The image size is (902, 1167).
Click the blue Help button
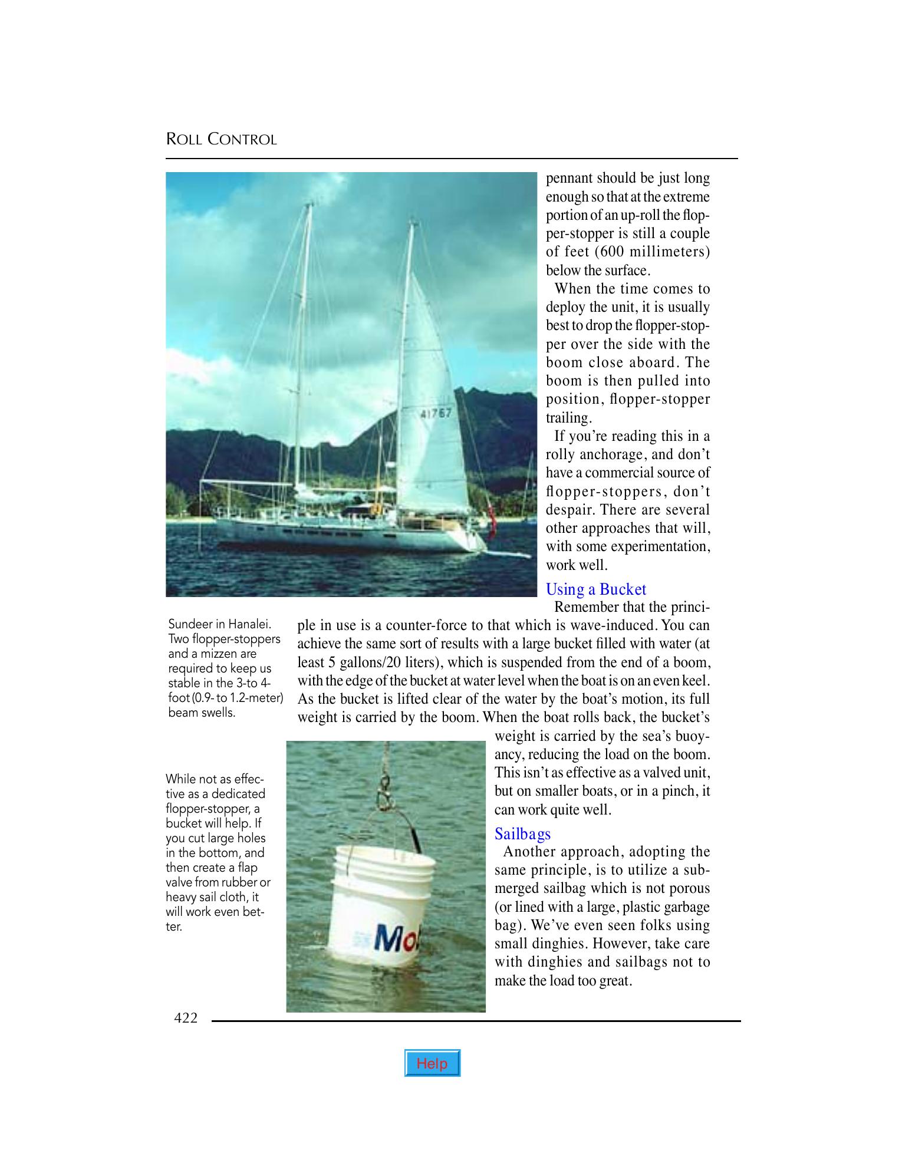[432, 1063]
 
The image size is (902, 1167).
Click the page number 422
[186, 1017]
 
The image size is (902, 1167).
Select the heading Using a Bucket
[595, 589]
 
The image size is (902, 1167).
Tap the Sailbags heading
[522, 833]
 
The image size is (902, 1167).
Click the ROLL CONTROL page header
[221, 140]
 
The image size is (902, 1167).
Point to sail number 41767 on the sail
[436, 413]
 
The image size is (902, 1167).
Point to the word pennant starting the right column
[569, 179]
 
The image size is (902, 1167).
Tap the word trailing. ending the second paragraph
[568, 418]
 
